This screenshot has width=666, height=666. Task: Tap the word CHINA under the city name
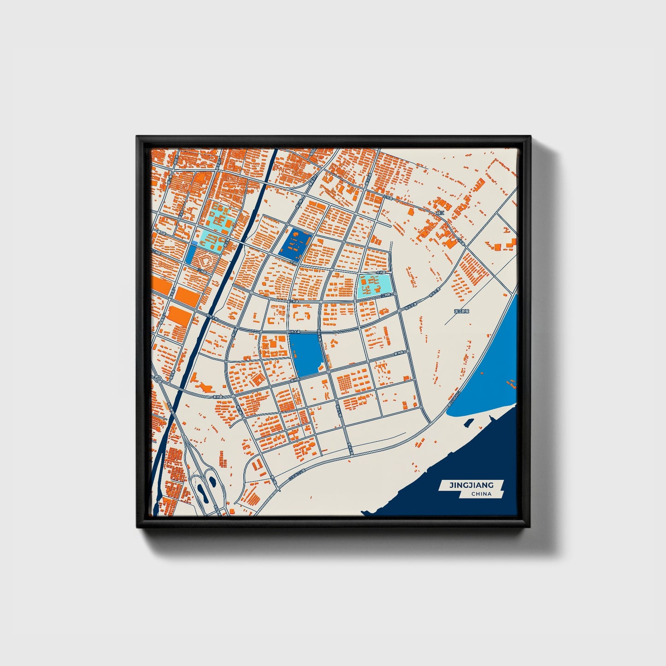tap(481, 494)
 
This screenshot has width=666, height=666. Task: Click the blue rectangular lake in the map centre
tap(307, 354)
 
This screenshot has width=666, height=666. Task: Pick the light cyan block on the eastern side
tap(375, 285)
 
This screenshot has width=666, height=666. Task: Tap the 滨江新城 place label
tap(461, 312)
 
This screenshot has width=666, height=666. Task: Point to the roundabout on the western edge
tap(158, 379)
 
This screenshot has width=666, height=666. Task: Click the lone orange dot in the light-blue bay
tap(482, 372)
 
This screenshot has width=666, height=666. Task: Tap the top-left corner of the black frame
tap(137, 136)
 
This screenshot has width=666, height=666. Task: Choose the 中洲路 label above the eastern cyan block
tap(381, 272)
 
